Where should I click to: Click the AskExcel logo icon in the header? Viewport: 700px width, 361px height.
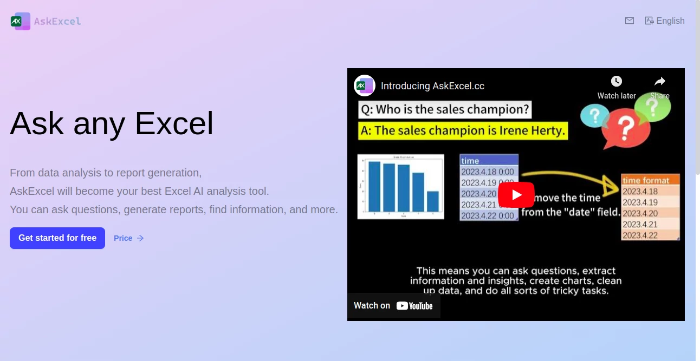[21, 21]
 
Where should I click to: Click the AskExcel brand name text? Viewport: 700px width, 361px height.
[57, 21]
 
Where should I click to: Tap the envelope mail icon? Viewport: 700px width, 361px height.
[629, 21]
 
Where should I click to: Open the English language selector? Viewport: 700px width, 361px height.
[665, 21]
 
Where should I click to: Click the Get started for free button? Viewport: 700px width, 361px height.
[57, 238]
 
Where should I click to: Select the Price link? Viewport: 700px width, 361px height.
[128, 238]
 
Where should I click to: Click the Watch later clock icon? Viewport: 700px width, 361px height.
[616, 81]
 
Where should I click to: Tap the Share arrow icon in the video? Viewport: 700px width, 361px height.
[659, 81]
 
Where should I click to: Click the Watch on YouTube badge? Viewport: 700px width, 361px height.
[393, 306]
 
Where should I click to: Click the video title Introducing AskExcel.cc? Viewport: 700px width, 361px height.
[432, 86]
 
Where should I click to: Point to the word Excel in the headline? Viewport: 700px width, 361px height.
[174, 123]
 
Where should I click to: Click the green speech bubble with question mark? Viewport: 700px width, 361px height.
[653, 107]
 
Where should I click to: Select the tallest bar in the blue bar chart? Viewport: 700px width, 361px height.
[374, 186]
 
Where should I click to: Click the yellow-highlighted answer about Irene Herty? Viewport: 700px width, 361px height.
[463, 130]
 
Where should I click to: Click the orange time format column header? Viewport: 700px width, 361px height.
[650, 180]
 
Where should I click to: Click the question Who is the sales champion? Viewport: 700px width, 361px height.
[444, 109]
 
